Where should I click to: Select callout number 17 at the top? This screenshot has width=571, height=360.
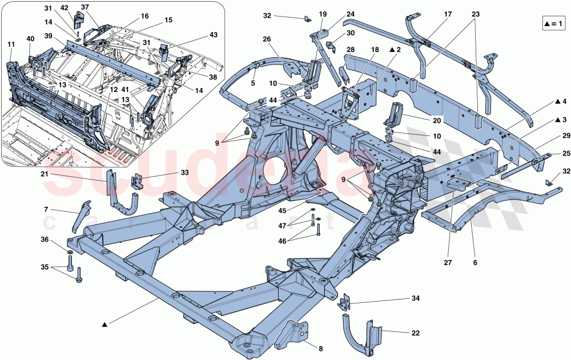point(447,14)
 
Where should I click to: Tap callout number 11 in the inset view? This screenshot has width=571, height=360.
point(11,43)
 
